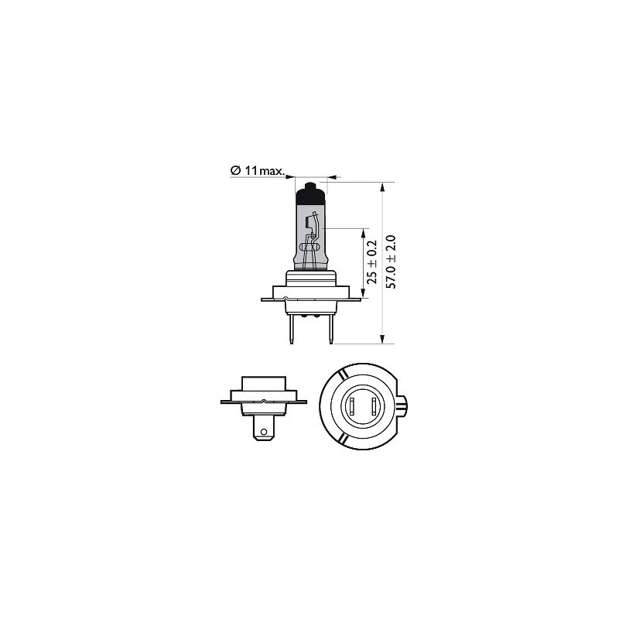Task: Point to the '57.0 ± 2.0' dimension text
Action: point(391,262)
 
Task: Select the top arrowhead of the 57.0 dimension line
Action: point(383,188)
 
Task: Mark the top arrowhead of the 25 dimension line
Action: point(362,233)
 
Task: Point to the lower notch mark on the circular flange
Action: point(341,438)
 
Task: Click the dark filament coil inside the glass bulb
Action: point(309,226)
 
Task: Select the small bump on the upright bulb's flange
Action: point(287,298)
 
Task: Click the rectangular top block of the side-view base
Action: point(264,385)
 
